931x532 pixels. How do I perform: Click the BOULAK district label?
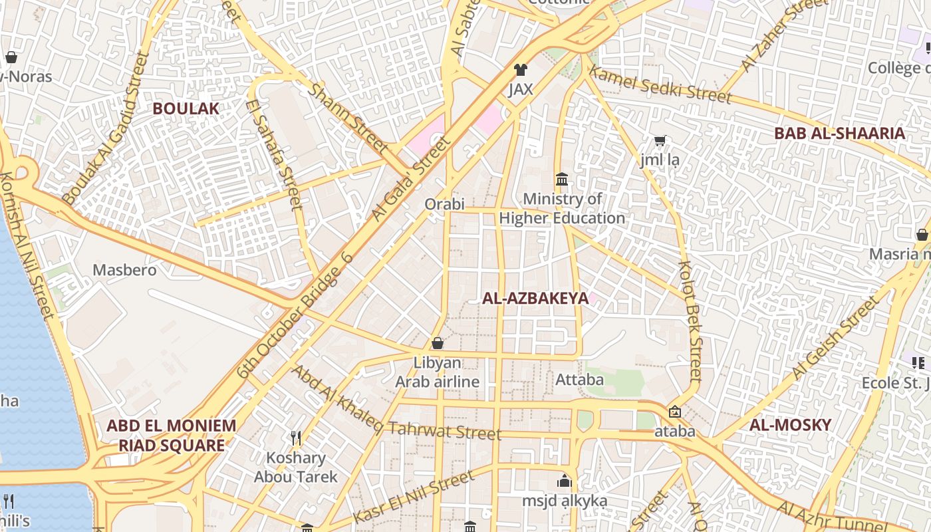click(x=186, y=108)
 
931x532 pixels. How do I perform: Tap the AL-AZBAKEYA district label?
click(x=535, y=299)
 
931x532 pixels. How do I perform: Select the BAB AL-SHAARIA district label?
click(x=839, y=133)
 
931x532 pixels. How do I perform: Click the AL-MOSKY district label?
click(x=790, y=425)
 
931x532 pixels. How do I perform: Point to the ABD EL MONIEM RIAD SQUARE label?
click(x=172, y=436)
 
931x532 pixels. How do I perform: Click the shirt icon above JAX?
click(x=520, y=70)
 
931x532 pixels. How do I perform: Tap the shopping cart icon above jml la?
click(x=660, y=140)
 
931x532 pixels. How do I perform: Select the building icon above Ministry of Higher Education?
click(x=562, y=180)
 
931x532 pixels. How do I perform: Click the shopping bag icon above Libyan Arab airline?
click(x=438, y=343)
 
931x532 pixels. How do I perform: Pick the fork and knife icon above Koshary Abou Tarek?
click(x=296, y=438)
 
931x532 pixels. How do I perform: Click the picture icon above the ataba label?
click(x=675, y=412)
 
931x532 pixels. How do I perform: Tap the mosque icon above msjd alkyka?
click(x=565, y=481)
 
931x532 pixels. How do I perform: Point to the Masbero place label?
click(x=124, y=270)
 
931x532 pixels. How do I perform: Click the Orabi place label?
click(x=444, y=203)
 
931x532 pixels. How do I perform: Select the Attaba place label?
click(x=579, y=380)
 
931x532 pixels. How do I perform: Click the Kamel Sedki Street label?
click(x=660, y=85)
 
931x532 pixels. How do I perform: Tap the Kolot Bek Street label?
click(x=690, y=321)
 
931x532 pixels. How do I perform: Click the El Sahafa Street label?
click(x=274, y=154)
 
